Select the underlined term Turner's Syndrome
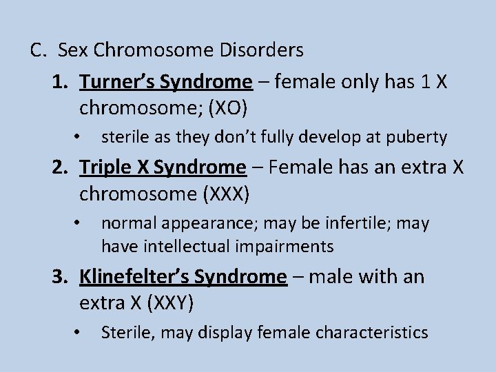coord(166,82)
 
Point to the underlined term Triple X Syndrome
coord(163,167)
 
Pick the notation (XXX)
coord(227,194)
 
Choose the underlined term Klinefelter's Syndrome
coord(183,277)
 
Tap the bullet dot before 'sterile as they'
coord(80,136)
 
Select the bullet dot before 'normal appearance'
coord(80,222)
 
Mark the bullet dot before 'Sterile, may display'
coord(80,331)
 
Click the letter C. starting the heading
coord(39,50)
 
